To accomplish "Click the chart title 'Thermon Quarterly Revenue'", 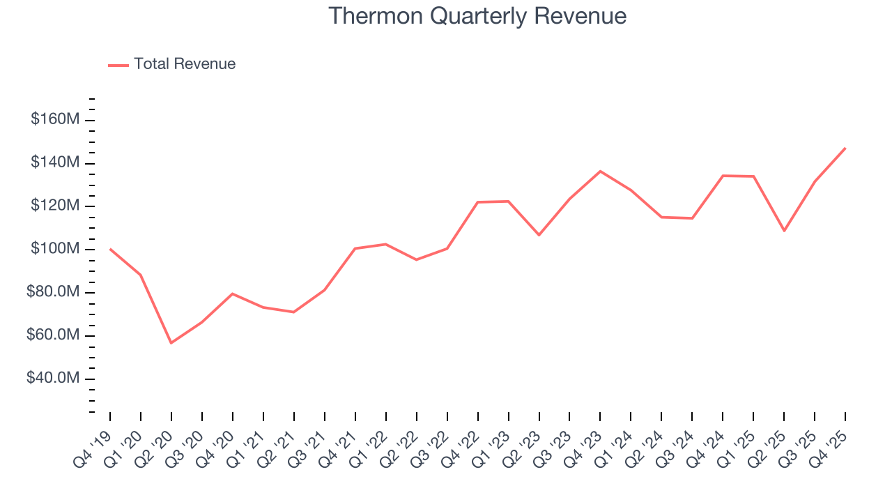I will click(477, 15).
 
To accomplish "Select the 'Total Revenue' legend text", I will click(185, 64).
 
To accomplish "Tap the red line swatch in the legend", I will click(118, 65).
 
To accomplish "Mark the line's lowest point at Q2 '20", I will click(171, 343).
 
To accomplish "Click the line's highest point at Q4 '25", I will click(845, 148).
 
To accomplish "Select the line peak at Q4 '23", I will click(600, 171).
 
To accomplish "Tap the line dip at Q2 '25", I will click(784, 231).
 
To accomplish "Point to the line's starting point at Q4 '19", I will click(110, 249).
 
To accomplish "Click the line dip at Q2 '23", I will click(539, 235).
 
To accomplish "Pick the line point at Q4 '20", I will click(233, 294).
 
